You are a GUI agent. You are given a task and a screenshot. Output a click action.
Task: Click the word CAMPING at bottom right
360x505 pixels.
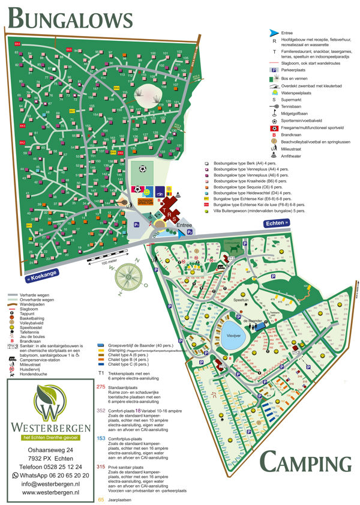click(305, 463)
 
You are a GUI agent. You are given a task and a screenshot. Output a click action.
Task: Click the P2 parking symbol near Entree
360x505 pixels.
click(190, 230)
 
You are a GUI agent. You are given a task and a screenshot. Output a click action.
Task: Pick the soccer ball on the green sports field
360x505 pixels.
click(142, 169)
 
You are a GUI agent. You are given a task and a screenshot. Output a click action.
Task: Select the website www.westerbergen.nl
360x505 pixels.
click(52, 492)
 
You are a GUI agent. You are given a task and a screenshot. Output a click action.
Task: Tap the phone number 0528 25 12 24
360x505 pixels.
click(52, 466)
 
